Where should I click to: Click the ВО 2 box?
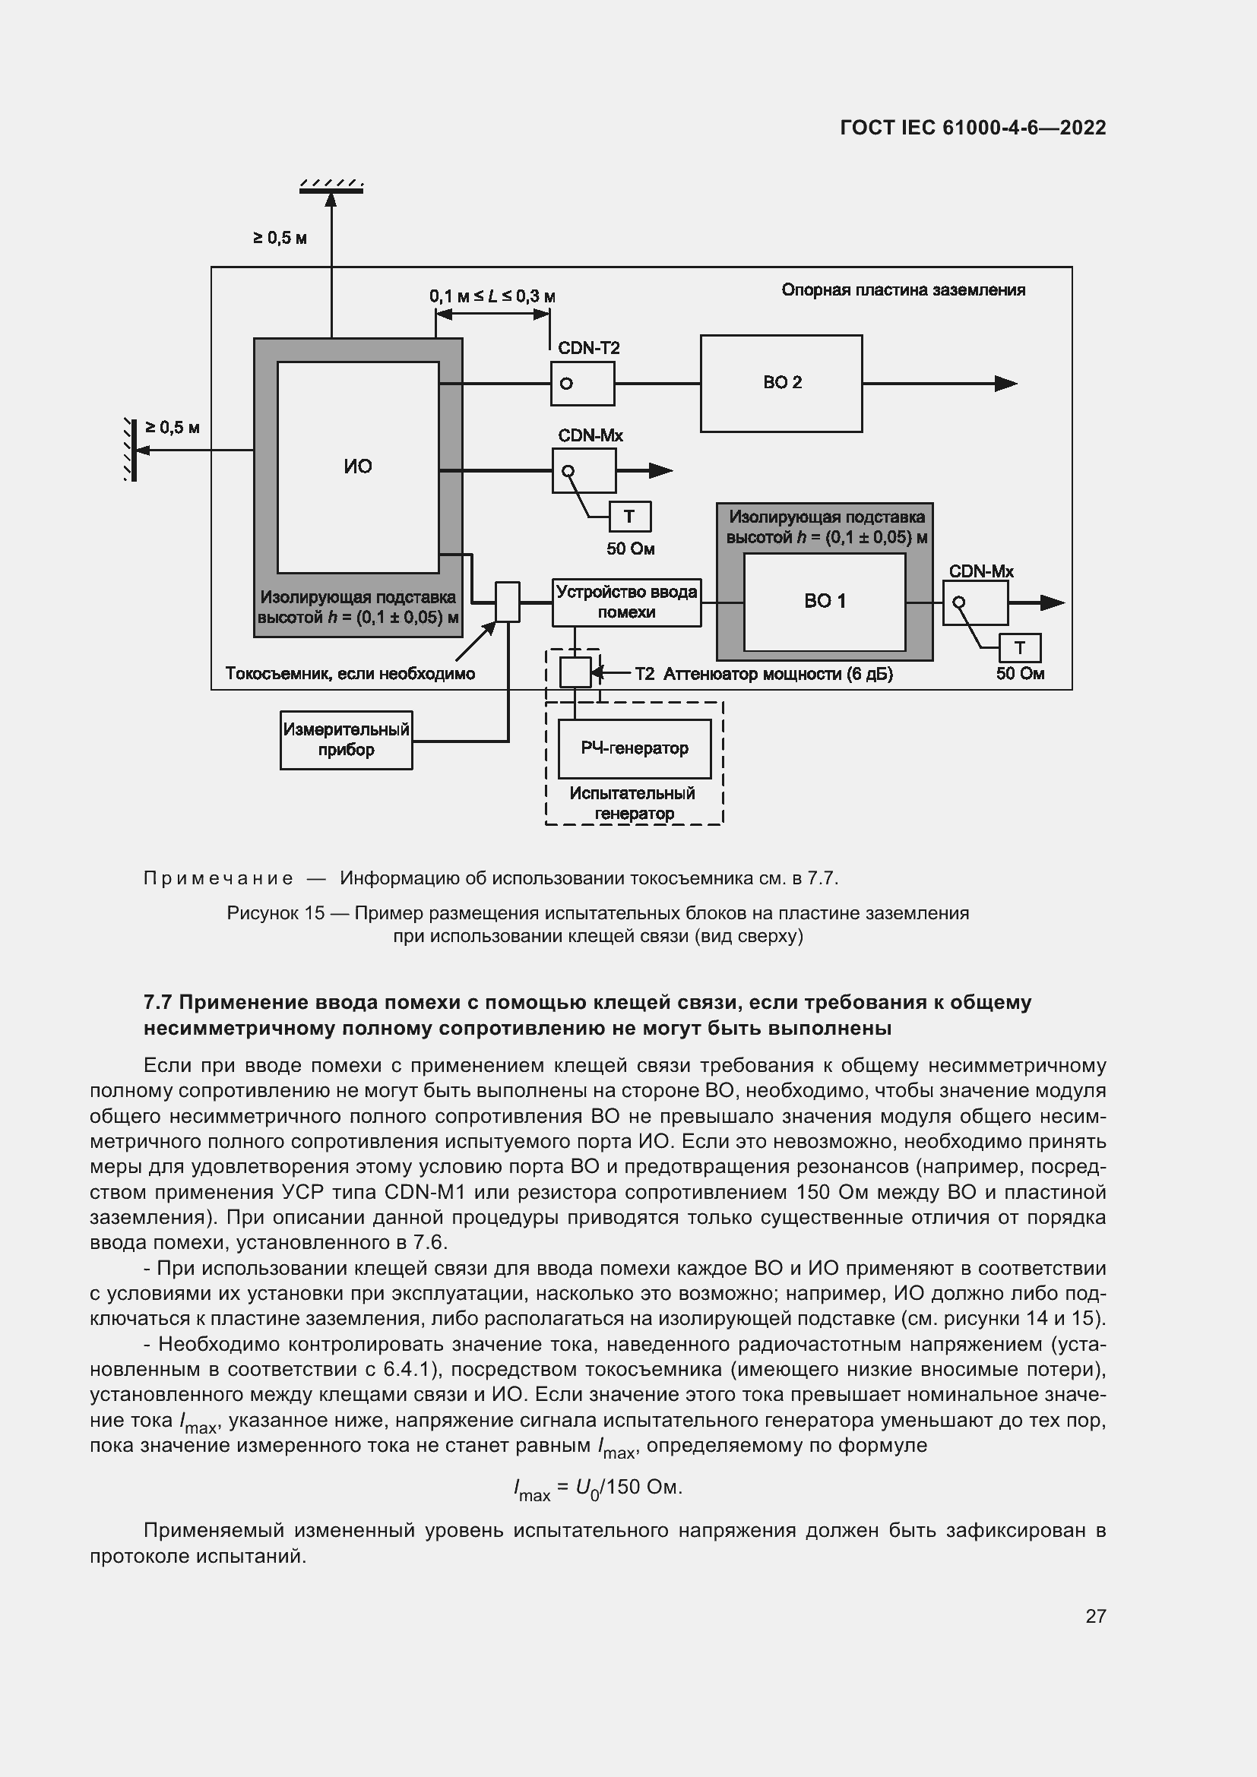coord(781,383)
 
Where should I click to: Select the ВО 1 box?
coord(825,602)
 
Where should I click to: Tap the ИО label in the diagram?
coord(358,466)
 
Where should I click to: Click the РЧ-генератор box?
coord(635,748)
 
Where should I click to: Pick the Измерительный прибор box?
coord(346,740)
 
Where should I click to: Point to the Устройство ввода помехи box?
coord(626,602)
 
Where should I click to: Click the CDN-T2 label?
coord(588,347)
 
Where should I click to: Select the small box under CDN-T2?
coord(582,383)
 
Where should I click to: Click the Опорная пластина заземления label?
coord(903,290)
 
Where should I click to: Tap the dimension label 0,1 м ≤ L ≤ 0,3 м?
coord(492,296)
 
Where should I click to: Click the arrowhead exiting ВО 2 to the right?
coord(1005,383)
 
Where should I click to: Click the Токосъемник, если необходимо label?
coord(350,673)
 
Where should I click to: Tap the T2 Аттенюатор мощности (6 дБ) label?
coord(763,673)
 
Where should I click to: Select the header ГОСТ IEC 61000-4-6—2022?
coord(973,128)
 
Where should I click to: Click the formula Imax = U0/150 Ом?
coord(597,1487)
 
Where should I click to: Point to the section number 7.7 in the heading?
coord(158,1002)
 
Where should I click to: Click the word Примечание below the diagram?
coord(218,877)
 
